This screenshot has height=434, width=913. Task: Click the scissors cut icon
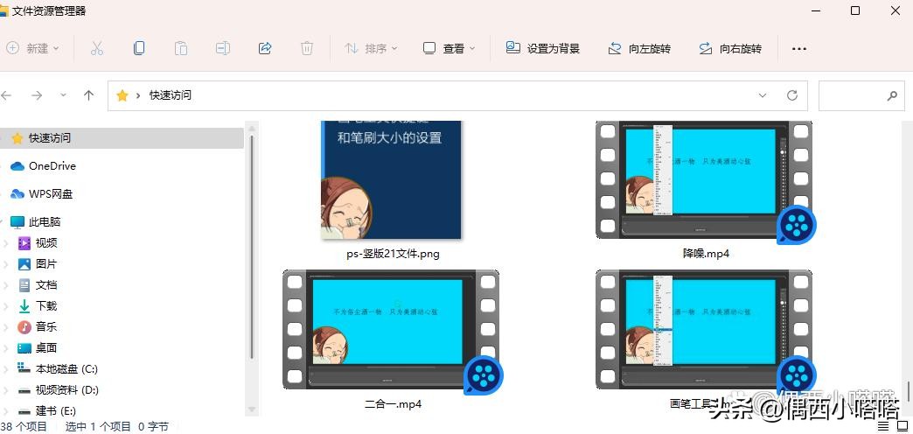(97, 48)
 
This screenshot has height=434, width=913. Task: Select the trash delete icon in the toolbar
(307, 48)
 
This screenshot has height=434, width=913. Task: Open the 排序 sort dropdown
(371, 48)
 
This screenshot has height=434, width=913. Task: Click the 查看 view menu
(449, 48)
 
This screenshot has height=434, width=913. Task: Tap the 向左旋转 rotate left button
(639, 48)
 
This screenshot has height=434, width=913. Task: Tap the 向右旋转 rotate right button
(730, 48)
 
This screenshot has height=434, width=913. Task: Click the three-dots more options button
(798, 48)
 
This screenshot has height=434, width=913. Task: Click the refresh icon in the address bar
(792, 95)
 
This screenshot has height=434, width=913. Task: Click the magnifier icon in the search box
(892, 95)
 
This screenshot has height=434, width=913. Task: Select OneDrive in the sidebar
(52, 165)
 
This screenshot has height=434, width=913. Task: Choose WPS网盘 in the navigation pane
(51, 193)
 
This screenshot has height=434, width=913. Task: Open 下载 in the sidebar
(46, 305)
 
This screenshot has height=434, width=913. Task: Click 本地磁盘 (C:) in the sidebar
(66, 368)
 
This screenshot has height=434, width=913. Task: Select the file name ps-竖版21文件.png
(393, 254)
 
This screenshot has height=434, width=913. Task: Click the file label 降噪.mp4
(706, 253)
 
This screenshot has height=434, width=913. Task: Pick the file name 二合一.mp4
(393, 403)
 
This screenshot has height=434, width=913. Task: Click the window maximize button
(855, 10)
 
